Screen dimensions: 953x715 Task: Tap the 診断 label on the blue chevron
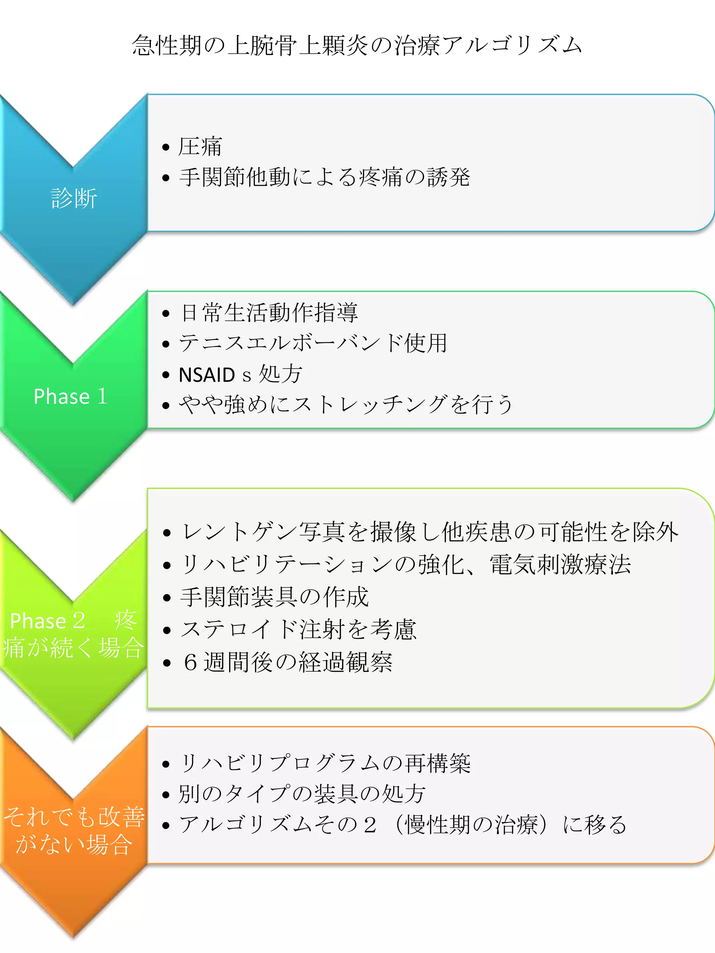coord(74,198)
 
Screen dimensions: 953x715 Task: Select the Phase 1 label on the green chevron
coord(70,396)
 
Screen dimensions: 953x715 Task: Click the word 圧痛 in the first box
coord(200,147)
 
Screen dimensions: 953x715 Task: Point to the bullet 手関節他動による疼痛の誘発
coord(324,177)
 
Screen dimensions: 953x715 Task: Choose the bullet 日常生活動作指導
coord(269,312)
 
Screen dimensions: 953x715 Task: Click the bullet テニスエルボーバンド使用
coord(313,343)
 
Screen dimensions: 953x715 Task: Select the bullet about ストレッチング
coord(346,404)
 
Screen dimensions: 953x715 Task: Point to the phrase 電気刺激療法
coord(560,564)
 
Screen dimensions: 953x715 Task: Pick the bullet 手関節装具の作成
coord(274,597)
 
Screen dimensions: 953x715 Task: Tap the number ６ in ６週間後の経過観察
coord(190,662)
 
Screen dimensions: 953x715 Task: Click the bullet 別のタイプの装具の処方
coord(302,794)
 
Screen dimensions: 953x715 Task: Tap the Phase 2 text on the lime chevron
coord(47,621)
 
